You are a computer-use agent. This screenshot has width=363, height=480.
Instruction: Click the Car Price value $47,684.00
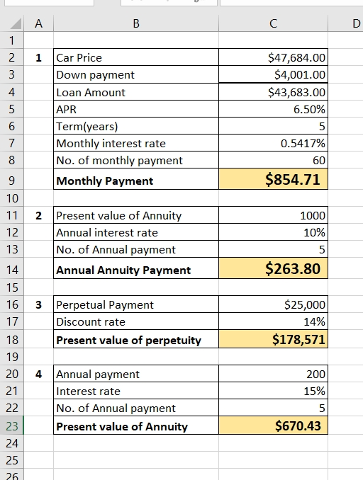[296, 57]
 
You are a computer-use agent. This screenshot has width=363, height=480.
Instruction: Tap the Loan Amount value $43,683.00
[296, 92]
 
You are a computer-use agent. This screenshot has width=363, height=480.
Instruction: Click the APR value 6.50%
[309, 109]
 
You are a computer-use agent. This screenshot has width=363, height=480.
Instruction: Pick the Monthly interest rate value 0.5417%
[303, 143]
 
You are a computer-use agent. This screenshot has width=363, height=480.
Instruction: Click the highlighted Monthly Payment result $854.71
[293, 179]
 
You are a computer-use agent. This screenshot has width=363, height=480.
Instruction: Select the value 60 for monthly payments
[319, 161]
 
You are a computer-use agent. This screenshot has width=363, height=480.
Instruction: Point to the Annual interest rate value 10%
[314, 233]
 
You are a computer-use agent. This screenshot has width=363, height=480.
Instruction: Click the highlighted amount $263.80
[293, 268]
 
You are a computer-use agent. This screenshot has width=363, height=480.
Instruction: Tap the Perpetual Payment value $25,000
[305, 304]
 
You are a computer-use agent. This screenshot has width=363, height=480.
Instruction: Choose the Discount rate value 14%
[314, 321]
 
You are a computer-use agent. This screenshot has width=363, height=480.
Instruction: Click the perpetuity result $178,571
[298, 340]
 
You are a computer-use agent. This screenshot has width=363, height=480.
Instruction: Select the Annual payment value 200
[315, 374]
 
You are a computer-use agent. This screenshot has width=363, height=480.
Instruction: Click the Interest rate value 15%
[314, 392]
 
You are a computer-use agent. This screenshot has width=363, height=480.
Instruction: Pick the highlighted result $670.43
[298, 425]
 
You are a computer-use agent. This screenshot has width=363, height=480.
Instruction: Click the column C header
[273, 23]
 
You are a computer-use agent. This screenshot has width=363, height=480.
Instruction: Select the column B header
[136, 23]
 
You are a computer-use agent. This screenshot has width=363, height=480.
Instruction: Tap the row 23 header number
[12, 425]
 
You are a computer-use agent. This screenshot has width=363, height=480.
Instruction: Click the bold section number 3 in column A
[38, 305]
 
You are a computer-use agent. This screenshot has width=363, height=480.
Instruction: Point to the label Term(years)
[87, 126]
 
